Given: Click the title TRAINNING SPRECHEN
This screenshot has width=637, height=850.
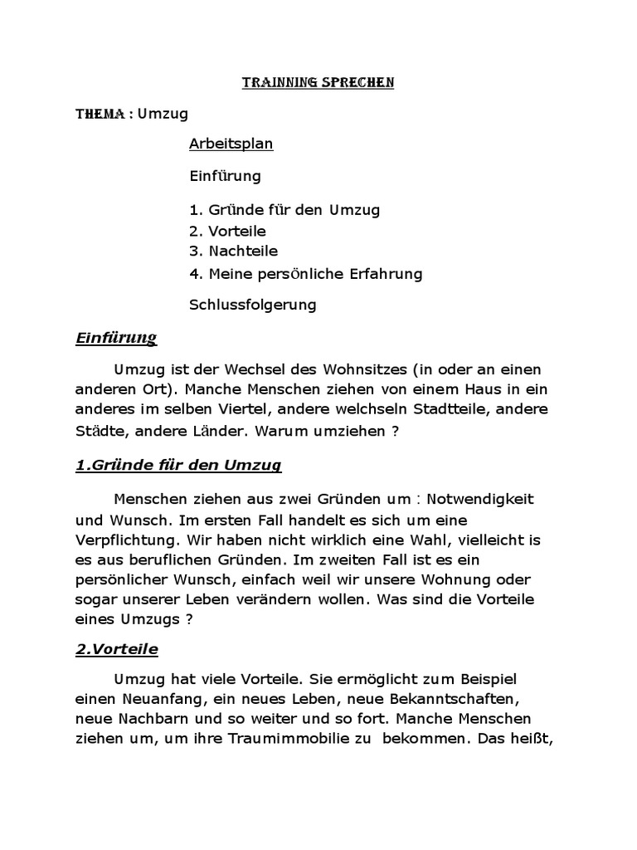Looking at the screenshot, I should point(318,83).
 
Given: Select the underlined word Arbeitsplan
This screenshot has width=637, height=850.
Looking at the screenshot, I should point(231,144).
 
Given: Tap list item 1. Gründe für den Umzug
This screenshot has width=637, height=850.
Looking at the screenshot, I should point(284,210).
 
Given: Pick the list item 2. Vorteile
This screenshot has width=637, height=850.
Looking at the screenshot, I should point(227,232).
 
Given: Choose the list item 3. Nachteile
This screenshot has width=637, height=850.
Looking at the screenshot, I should point(233,252).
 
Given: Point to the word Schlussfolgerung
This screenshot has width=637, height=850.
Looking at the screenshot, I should point(253,305).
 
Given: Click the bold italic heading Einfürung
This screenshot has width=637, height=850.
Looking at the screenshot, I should point(116,338).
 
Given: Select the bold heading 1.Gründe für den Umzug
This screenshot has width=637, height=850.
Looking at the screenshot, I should point(178,466).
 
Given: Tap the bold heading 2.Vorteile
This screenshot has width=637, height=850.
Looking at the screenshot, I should point(116,649).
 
